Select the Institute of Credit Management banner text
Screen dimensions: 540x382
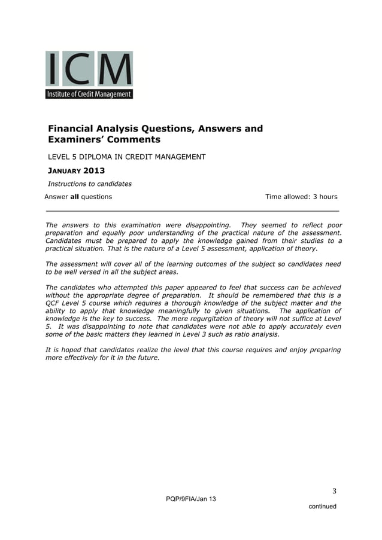pos(89,94)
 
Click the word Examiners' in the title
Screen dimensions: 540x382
pos(75,140)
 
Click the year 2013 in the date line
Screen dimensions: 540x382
pos(94,171)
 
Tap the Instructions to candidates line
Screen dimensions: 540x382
pos(89,184)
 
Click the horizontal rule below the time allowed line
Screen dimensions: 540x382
pos(192,211)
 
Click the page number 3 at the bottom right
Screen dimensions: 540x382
pos(335,492)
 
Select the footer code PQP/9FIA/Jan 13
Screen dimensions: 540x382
pos(191,499)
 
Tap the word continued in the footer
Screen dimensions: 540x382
pos(322,507)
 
